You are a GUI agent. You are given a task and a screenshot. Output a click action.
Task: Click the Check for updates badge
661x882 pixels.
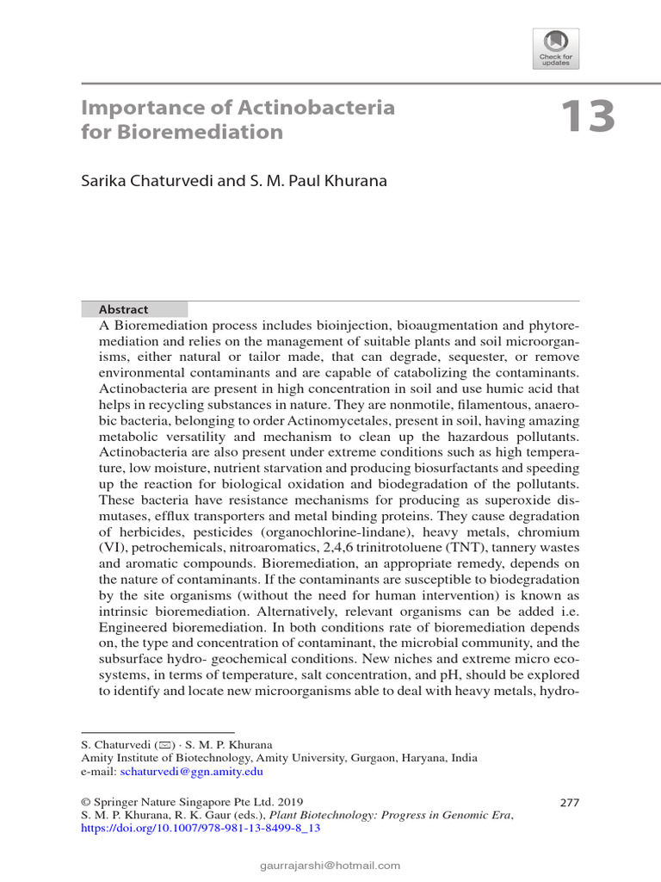(556, 48)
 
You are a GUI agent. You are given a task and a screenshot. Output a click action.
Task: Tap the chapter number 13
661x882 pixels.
(589, 117)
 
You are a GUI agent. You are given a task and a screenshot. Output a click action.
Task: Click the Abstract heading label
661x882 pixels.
(124, 309)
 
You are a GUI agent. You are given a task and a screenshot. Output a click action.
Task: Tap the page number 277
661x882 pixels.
(569, 802)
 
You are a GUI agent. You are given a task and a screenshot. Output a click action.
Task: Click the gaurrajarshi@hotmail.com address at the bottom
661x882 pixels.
(330, 865)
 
